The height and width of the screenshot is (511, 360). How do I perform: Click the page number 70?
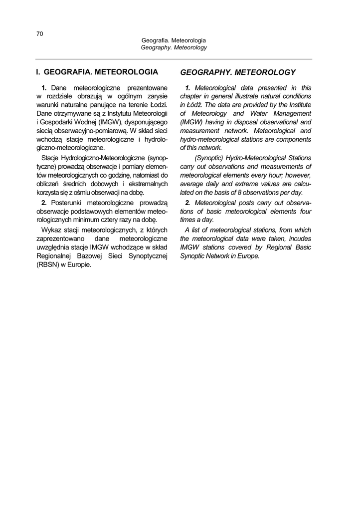(39, 33)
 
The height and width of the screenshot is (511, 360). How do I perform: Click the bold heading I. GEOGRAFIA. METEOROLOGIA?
(97, 72)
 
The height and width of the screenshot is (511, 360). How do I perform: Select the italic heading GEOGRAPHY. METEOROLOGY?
(237, 72)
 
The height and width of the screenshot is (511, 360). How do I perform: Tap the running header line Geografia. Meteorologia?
(174, 40)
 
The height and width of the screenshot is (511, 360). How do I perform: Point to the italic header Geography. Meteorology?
(174, 47)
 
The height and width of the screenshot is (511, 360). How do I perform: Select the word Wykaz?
(49, 230)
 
